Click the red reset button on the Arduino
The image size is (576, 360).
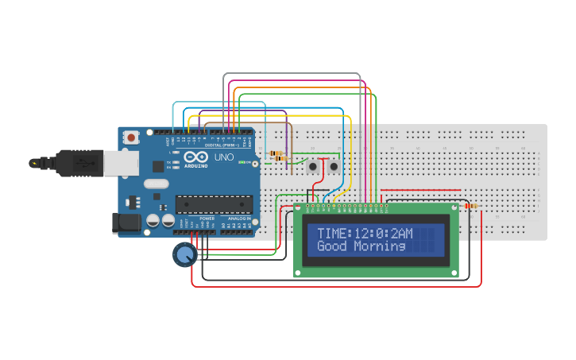[130, 137]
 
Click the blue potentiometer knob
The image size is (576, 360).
[184, 254]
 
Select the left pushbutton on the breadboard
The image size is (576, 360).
[313, 167]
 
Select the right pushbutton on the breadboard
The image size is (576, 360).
[334, 167]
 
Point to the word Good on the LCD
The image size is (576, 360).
[333, 246]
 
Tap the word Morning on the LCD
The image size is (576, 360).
[380, 246]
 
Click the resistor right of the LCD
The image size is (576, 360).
[471, 207]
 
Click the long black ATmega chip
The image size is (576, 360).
[215, 203]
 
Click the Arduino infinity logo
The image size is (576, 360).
[199, 157]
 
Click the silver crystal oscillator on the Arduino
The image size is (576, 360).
[157, 184]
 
